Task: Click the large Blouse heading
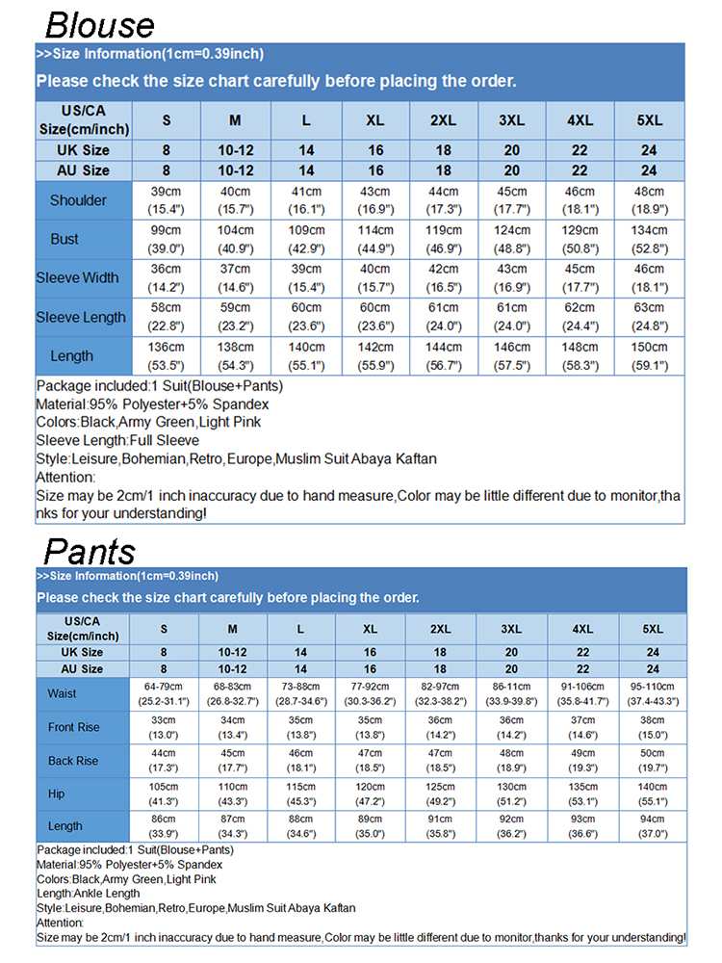(x=99, y=23)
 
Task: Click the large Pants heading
(x=90, y=551)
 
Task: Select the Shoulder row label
(x=78, y=200)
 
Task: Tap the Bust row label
(x=64, y=239)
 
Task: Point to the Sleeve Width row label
(x=78, y=278)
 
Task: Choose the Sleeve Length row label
(x=81, y=317)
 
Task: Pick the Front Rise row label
(x=73, y=727)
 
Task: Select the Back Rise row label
(x=73, y=761)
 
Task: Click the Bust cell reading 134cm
(x=650, y=239)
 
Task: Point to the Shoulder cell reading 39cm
(x=166, y=200)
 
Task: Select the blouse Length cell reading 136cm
(x=166, y=355)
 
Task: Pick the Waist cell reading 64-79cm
(x=164, y=693)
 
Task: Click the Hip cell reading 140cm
(x=653, y=794)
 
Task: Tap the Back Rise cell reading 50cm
(x=653, y=761)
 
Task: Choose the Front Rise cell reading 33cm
(x=164, y=727)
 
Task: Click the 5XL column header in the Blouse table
(x=650, y=120)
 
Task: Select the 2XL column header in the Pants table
(x=440, y=629)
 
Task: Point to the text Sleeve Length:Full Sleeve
(x=117, y=440)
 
